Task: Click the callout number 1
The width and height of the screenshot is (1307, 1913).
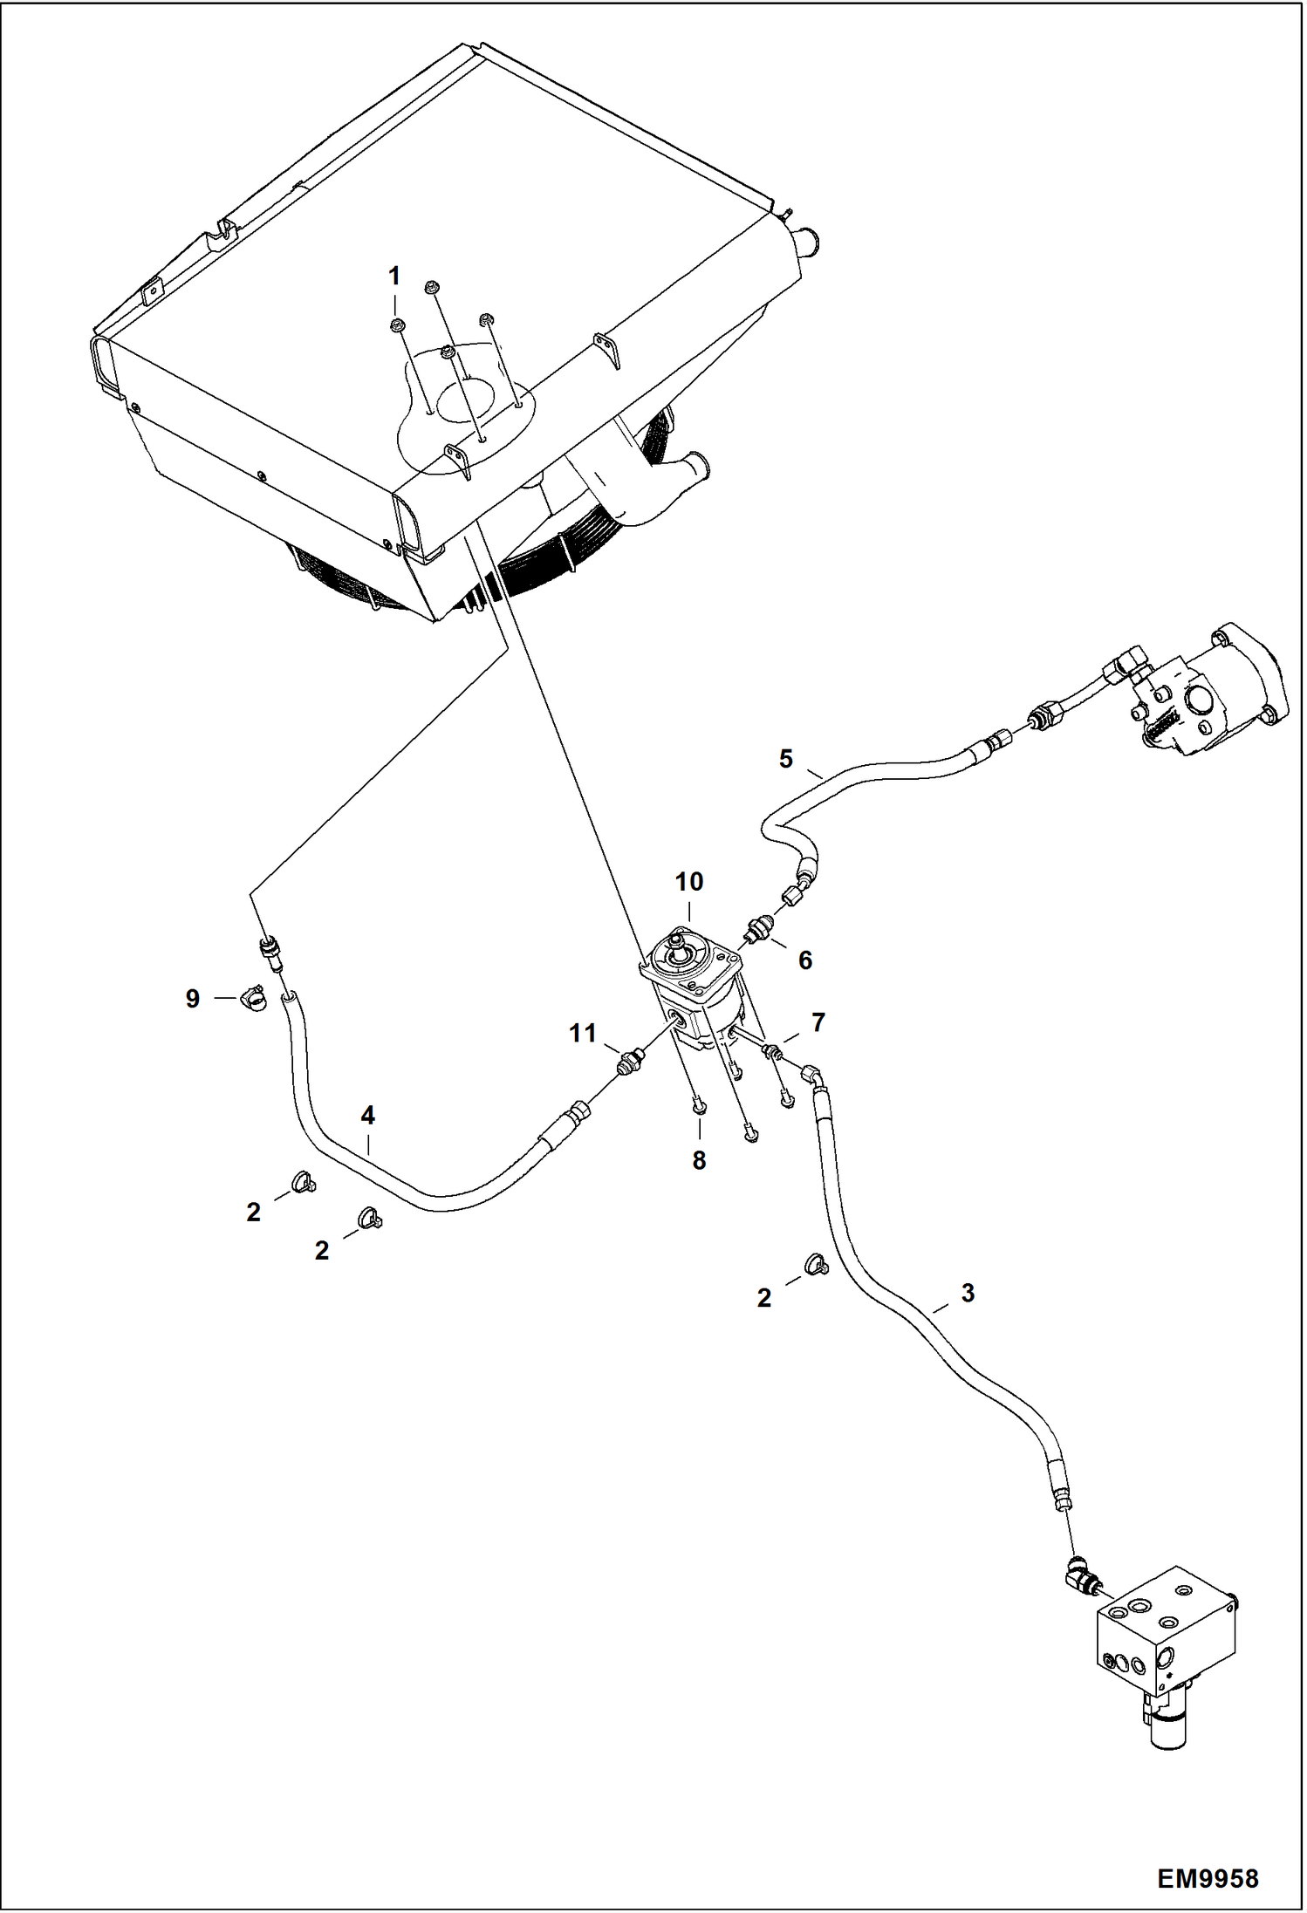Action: click(393, 277)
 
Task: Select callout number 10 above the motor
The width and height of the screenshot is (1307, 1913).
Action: click(688, 882)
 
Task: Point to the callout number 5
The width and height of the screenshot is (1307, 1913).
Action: click(785, 759)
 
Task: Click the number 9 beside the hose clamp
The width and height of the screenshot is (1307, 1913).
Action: click(193, 999)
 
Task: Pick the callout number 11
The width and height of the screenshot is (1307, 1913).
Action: click(582, 1034)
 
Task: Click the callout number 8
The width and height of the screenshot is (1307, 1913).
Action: click(699, 1160)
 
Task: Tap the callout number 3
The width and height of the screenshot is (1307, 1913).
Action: click(967, 1293)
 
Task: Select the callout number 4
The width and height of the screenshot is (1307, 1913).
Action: click(367, 1115)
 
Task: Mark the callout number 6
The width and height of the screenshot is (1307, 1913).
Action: click(804, 960)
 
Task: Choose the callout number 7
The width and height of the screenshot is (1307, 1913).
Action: click(818, 1022)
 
